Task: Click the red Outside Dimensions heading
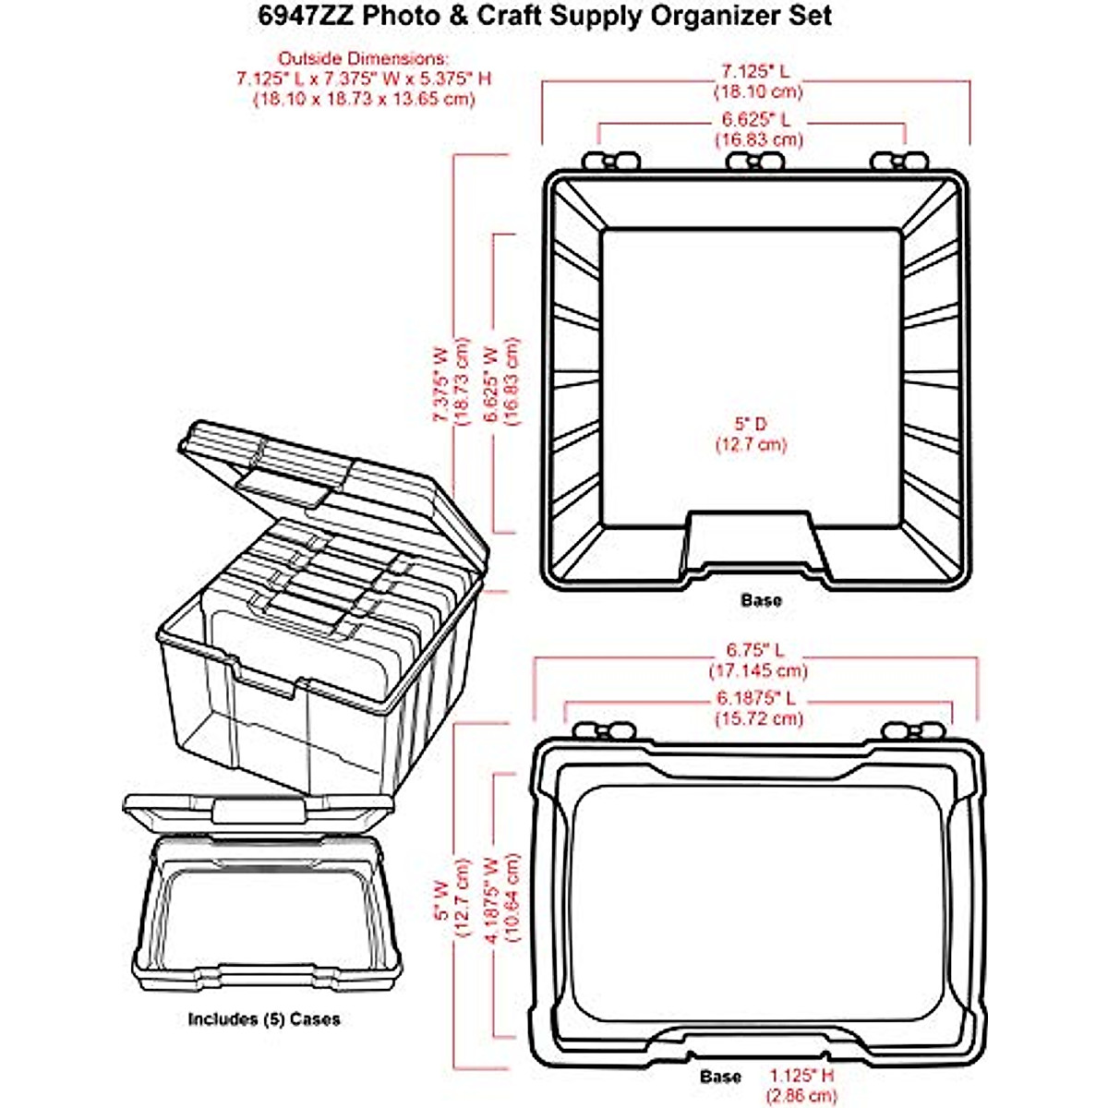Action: tap(363, 58)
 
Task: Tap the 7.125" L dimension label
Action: tap(755, 71)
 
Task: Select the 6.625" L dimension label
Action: tap(755, 120)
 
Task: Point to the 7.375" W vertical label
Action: tap(440, 385)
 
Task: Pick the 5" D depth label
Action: tap(751, 424)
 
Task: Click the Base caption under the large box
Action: tap(761, 600)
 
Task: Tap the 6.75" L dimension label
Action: tap(756, 650)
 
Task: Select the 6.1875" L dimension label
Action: tap(756, 698)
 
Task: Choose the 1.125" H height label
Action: tap(803, 1076)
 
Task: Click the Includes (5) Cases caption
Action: tap(264, 1019)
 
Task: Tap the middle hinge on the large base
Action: tap(754, 161)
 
